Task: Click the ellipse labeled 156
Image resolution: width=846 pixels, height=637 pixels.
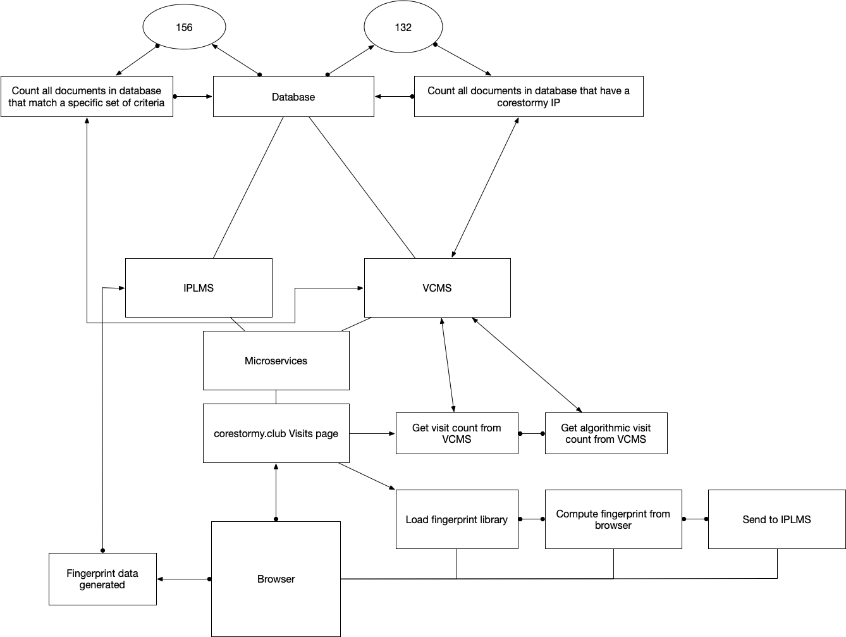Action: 184,27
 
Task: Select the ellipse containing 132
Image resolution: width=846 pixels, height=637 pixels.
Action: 403,27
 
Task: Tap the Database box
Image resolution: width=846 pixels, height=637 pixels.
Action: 293,97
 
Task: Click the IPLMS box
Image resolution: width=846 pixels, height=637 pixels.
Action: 199,288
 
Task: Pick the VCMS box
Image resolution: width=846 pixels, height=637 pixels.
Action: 437,288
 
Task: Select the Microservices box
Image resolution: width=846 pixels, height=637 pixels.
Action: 276,361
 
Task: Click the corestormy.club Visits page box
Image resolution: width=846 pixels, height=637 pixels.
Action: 276,433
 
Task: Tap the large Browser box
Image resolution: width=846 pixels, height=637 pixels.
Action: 276,579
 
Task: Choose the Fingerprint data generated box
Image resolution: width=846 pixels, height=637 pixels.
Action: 102,579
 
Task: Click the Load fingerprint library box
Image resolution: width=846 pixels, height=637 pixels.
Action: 457,519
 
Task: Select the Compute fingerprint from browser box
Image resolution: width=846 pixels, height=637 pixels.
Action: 613,519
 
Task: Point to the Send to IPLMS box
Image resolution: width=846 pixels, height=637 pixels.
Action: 776,519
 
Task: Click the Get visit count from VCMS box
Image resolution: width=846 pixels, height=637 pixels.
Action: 457,433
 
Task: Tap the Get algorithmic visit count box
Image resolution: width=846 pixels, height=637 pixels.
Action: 606,433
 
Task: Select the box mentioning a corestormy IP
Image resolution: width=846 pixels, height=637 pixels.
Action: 529,97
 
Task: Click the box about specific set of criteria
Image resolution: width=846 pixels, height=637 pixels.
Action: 87,97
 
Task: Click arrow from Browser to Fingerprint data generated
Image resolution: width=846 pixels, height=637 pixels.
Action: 183,579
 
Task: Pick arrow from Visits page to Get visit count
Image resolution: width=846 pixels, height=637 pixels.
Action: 372,433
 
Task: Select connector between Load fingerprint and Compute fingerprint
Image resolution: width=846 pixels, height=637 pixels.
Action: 531,519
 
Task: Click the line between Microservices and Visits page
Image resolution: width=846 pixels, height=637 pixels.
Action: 276,397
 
